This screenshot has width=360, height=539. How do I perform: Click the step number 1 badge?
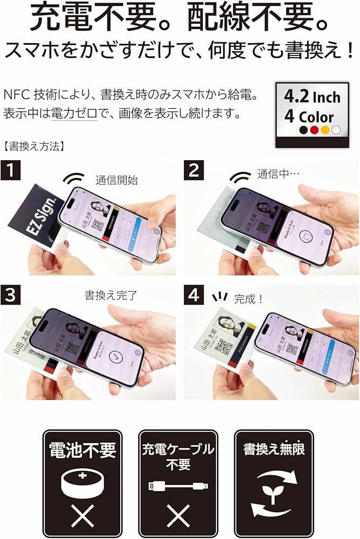11,171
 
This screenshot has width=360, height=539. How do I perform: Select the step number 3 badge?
11,296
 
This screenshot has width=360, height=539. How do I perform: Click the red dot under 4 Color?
314,130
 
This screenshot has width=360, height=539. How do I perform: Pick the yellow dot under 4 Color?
325,130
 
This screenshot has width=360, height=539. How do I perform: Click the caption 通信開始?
116,180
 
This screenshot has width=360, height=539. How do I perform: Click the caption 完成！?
248,299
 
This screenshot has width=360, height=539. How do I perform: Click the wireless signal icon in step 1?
74,179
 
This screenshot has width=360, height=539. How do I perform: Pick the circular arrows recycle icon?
274,489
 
